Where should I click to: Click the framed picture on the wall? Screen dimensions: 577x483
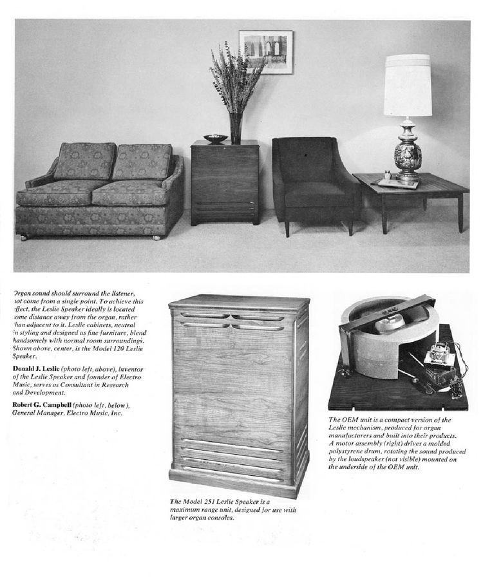(x=265, y=52)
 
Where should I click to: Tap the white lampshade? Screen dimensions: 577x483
(x=407, y=85)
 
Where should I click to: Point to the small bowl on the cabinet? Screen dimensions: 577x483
(x=216, y=138)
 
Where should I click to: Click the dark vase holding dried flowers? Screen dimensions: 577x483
(x=236, y=128)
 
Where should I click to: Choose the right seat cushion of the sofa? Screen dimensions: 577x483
(x=133, y=192)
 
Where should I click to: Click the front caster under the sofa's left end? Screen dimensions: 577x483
(x=23, y=238)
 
